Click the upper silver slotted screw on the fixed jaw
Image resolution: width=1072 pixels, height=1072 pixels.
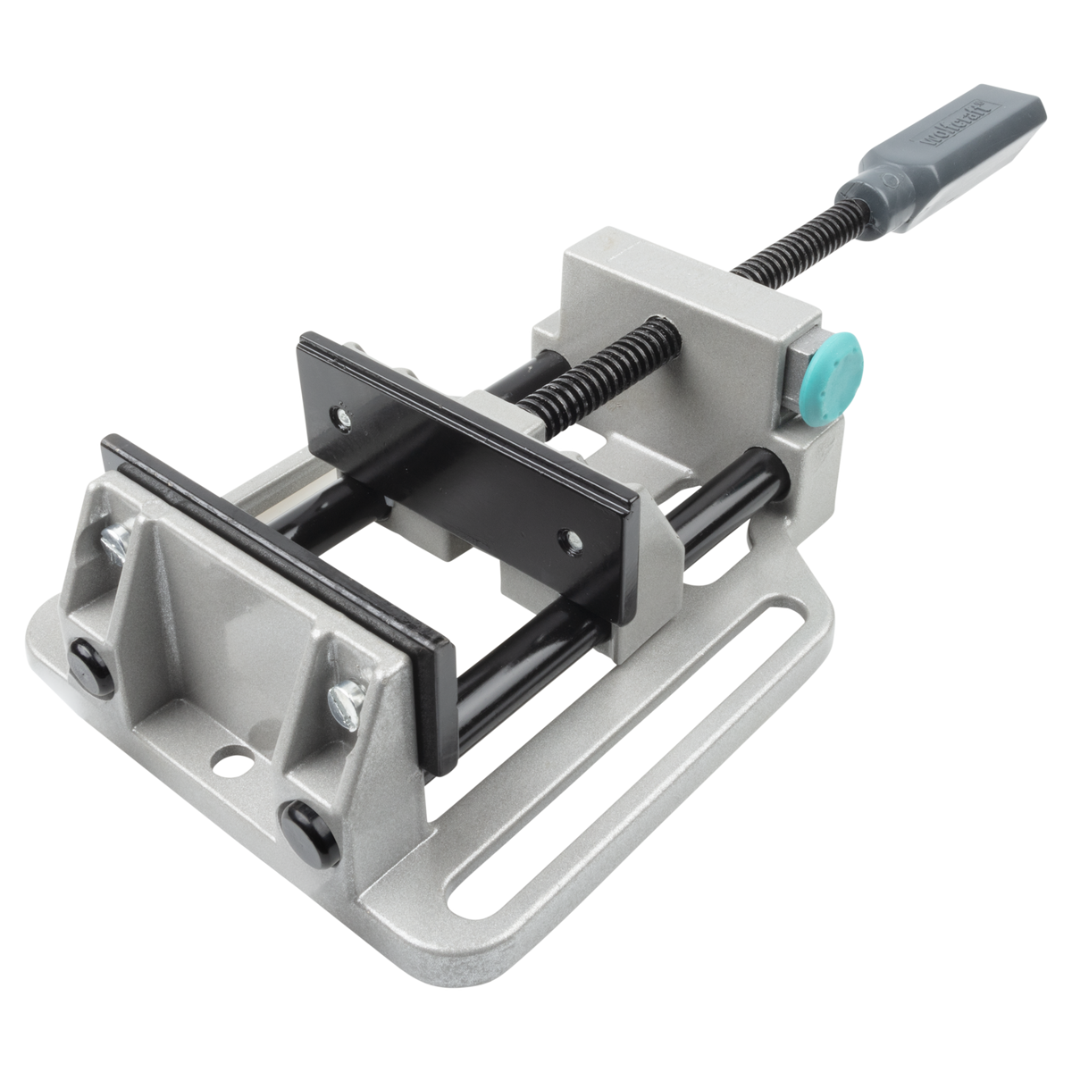[x=117, y=540]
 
